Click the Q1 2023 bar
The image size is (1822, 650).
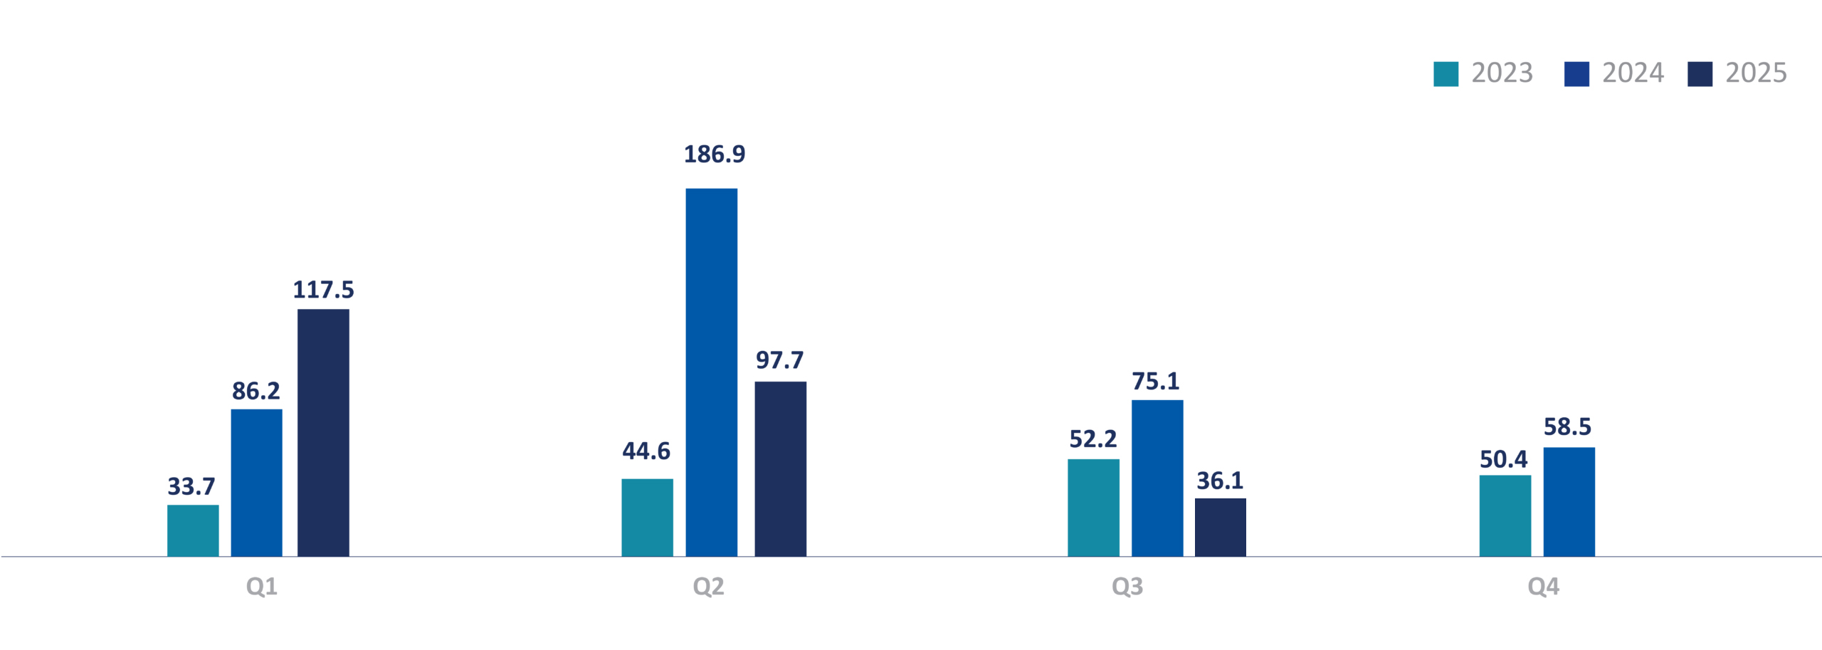(x=193, y=530)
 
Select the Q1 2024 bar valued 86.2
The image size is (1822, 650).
(x=256, y=483)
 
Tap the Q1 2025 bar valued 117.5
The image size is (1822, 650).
(x=323, y=432)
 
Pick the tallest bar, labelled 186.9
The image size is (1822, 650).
(x=711, y=372)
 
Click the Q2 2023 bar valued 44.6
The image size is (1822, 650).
(x=647, y=517)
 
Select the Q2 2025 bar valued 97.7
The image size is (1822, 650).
(x=780, y=468)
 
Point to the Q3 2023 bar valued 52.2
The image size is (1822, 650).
(x=1093, y=507)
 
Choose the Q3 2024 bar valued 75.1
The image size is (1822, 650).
(x=1157, y=478)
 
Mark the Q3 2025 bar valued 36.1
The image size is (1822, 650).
(x=1220, y=527)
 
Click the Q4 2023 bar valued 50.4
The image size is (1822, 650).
(x=1505, y=515)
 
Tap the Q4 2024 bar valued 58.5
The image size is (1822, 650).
(x=1569, y=501)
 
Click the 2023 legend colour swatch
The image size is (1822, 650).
(x=1446, y=74)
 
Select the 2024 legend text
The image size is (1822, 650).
(x=1633, y=73)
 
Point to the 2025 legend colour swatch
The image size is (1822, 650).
(x=1700, y=74)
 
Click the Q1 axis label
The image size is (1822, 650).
(x=261, y=586)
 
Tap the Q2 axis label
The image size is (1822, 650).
(x=708, y=586)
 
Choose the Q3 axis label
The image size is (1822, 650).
(x=1127, y=586)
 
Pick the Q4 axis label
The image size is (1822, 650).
(x=1543, y=586)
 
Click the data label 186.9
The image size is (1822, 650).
(x=715, y=154)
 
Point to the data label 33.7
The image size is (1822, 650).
(x=191, y=486)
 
